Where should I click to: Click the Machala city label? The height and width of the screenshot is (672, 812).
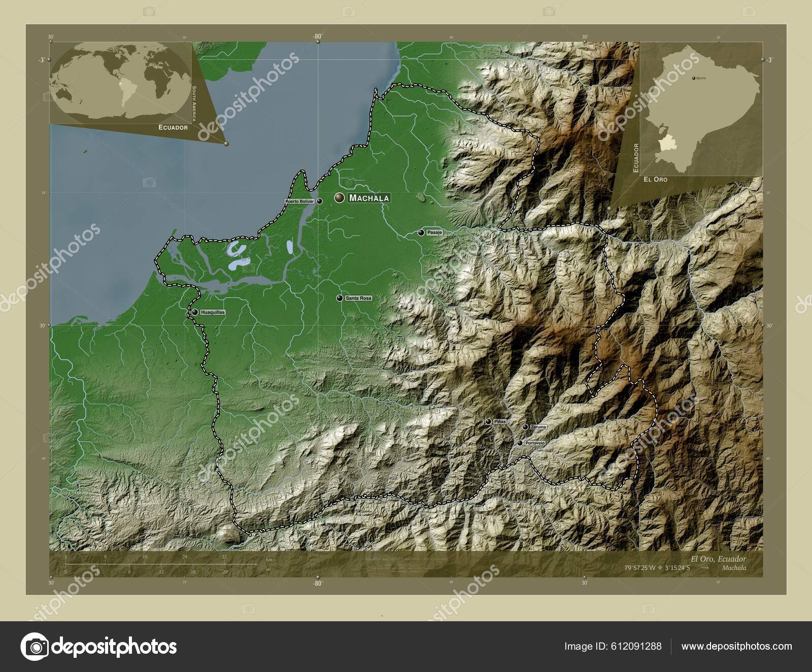point(369,198)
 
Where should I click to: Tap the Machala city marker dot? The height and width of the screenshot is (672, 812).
point(339,198)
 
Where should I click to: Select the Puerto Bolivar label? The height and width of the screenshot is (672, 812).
point(300,201)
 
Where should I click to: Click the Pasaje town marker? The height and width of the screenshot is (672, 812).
point(421,232)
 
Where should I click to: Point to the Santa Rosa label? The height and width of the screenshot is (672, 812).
point(358,298)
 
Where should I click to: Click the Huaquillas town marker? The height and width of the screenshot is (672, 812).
point(195,312)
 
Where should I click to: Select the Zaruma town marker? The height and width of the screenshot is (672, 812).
point(525,427)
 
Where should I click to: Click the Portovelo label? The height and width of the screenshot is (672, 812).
point(535,443)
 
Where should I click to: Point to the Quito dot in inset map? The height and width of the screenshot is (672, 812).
point(694,78)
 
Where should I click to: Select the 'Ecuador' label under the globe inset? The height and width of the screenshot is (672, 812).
point(173,127)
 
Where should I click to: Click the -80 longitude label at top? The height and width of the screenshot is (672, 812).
point(318,37)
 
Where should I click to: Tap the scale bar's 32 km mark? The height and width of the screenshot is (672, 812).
point(224,557)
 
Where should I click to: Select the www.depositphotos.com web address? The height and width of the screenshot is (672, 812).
point(736,646)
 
